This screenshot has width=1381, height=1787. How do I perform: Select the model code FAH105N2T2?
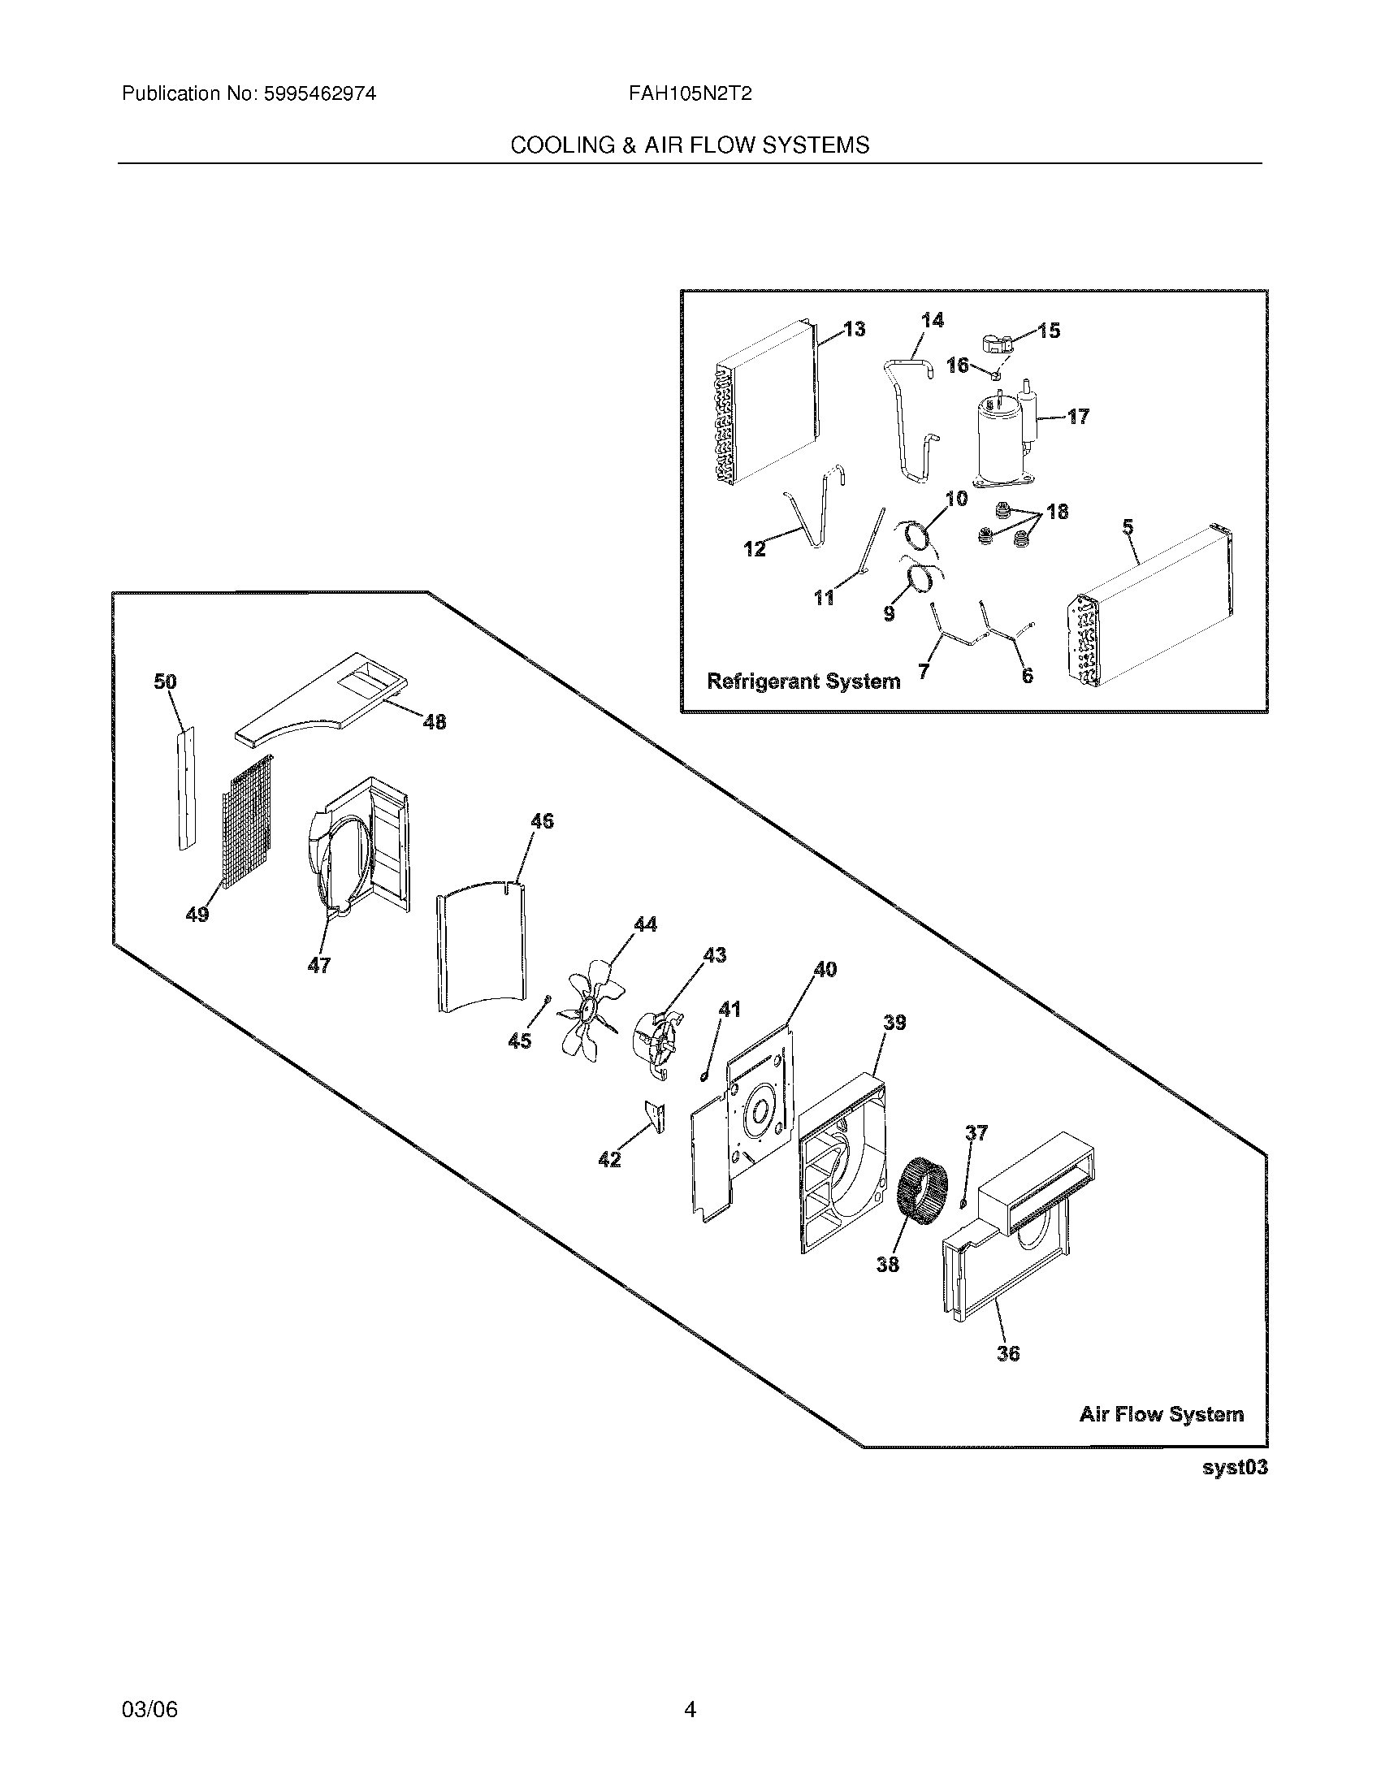pos(690,94)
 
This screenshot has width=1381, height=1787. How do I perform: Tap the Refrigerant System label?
pos(803,681)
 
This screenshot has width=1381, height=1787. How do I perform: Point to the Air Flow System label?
pos(1161,1414)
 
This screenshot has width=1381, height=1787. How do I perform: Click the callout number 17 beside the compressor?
pos(1078,418)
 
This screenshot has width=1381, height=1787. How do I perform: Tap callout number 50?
pos(165,681)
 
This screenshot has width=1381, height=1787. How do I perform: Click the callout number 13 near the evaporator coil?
pos(854,329)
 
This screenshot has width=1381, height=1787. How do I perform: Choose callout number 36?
pos(1008,1353)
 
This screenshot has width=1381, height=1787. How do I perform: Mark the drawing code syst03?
pos(1235,1467)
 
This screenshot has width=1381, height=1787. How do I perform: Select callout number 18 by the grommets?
pos(1057,513)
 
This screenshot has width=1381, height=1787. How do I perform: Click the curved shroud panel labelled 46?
pos(481,945)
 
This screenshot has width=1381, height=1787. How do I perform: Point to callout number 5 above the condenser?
pos(1128,528)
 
